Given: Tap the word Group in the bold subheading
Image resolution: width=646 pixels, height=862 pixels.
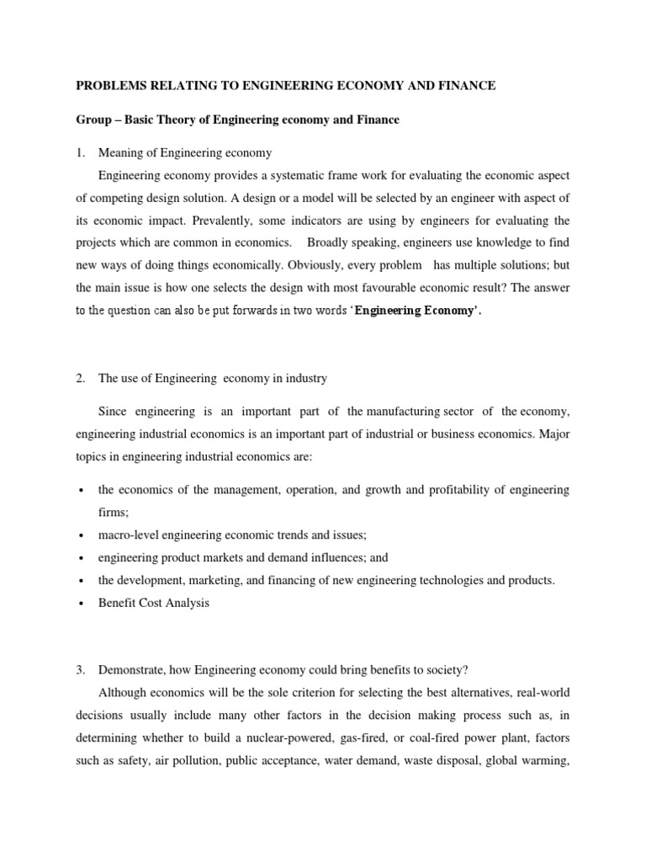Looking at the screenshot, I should tap(94, 120).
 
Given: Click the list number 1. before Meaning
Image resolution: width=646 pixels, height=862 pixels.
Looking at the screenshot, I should tap(81, 152).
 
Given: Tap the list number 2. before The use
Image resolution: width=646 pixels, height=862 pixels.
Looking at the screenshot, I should tap(81, 379).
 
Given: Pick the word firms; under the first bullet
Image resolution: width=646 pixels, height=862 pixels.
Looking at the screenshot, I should tap(114, 512).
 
